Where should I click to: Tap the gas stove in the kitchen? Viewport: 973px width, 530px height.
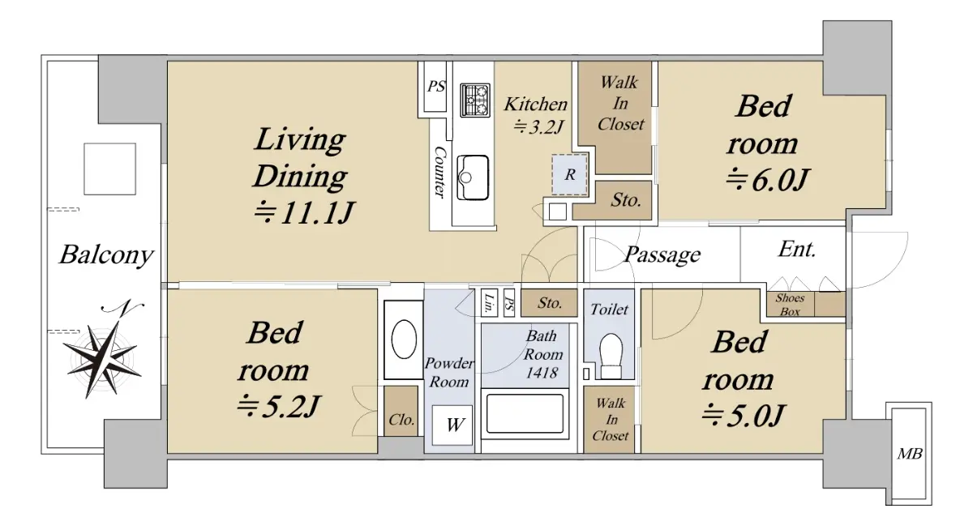tap(475, 100)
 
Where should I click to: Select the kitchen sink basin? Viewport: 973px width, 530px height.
tap(473, 177)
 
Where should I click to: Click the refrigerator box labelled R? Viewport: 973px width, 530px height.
tap(569, 174)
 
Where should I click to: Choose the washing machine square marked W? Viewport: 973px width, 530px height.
tap(452, 425)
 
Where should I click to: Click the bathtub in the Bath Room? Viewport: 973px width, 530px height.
tap(525, 413)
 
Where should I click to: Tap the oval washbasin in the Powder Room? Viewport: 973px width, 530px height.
tap(404, 340)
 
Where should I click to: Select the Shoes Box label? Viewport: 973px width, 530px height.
tap(790, 305)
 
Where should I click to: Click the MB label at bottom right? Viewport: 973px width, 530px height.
tap(910, 454)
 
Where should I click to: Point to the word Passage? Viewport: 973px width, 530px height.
tap(662, 254)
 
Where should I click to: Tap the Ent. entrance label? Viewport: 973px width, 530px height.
tap(796, 249)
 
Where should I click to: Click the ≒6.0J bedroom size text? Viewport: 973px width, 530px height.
tap(768, 180)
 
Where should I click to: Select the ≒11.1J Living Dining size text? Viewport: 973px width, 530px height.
tap(304, 212)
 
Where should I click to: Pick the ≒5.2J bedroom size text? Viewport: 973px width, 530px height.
tap(278, 406)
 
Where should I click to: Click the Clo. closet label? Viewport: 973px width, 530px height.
tap(401, 420)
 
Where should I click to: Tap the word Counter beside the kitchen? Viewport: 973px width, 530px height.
tap(440, 173)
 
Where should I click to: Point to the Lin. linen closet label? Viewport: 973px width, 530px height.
tap(489, 302)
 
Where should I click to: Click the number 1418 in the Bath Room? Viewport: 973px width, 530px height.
tap(542, 373)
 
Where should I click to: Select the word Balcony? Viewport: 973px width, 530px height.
tap(106, 254)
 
